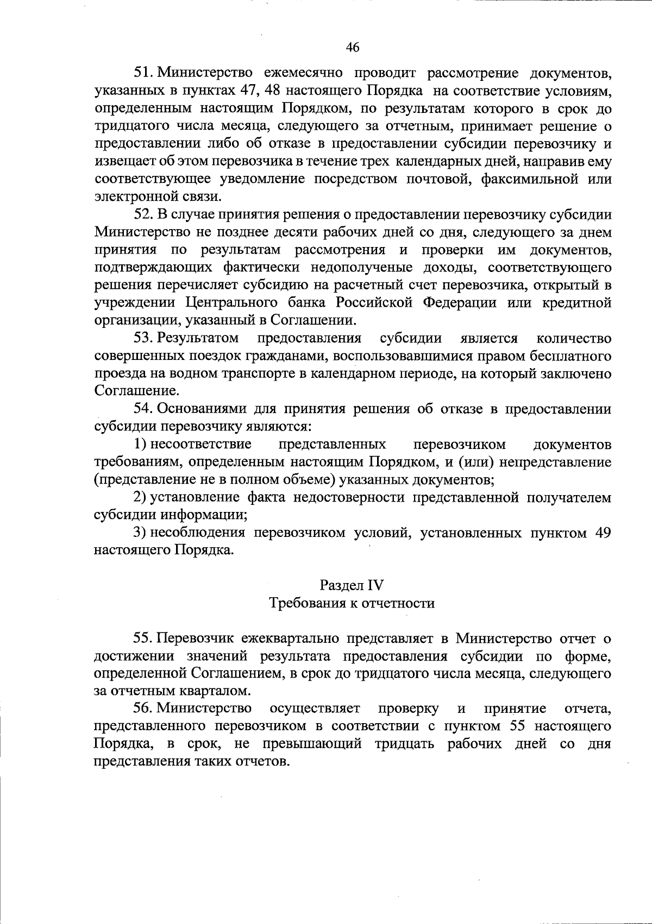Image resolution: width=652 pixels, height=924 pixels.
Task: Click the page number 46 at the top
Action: point(353,48)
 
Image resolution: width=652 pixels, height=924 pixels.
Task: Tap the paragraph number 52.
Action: point(145,214)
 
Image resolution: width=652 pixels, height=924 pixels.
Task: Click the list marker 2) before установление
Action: point(140,497)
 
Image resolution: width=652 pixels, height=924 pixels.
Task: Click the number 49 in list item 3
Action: point(602,533)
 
